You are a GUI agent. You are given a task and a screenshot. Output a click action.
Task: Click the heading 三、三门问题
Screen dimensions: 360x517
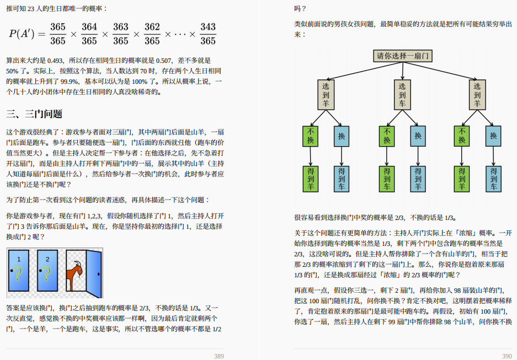point(34,114)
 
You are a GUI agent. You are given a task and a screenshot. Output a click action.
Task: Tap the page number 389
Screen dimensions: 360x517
point(219,356)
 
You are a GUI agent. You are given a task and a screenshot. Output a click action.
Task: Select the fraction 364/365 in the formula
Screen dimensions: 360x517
point(89,34)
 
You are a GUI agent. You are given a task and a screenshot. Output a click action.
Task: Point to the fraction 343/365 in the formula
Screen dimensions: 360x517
point(208,34)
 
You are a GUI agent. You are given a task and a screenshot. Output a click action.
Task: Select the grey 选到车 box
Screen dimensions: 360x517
point(402,94)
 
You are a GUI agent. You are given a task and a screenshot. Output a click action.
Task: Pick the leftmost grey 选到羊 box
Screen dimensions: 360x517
point(326,94)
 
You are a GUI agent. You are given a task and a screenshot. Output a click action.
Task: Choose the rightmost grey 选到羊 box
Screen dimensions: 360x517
point(477,94)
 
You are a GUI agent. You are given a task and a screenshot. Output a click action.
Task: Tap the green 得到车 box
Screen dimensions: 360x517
point(387,179)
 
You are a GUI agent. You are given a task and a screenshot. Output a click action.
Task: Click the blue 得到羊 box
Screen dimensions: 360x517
point(418,179)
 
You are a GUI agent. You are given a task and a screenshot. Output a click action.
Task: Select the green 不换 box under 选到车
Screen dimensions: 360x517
point(387,136)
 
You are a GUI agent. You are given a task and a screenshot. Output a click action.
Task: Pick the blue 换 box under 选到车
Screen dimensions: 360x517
point(418,136)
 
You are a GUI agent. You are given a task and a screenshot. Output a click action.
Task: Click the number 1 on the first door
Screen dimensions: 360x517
point(19,259)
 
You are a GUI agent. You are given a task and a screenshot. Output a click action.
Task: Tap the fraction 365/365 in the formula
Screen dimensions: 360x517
point(57,34)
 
